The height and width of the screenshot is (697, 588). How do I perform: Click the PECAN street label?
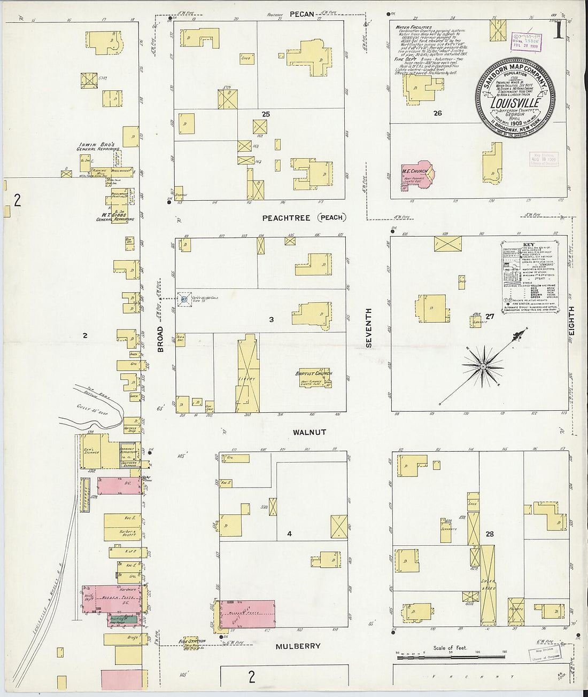301,14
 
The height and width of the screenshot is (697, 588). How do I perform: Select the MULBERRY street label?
298,646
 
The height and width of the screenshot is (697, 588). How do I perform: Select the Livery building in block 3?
247,374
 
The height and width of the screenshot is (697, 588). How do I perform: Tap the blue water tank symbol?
184,300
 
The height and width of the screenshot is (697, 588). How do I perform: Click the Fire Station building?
188,643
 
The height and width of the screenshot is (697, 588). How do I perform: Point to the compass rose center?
483,366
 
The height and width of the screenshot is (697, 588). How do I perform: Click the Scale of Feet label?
450,648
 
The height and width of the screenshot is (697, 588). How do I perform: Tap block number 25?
266,114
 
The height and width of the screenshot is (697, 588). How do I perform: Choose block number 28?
489,534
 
